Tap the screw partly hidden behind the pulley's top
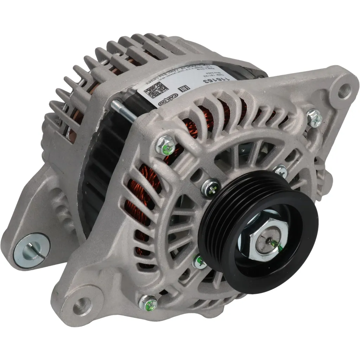click(x=281, y=172)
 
